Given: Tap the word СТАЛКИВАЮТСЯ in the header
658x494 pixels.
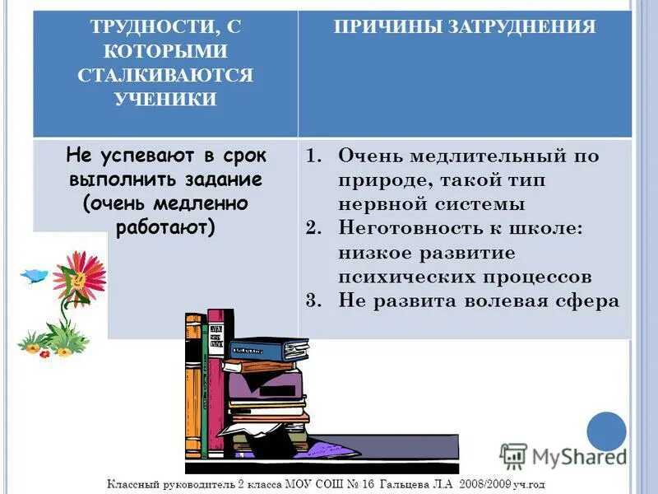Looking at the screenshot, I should (165, 75).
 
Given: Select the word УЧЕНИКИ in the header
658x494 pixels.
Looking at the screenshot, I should (165, 99).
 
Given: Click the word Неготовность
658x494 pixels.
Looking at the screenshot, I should (408, 228).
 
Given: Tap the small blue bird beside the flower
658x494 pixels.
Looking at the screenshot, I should (34, 274).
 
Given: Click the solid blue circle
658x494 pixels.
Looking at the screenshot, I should (607, 431).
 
